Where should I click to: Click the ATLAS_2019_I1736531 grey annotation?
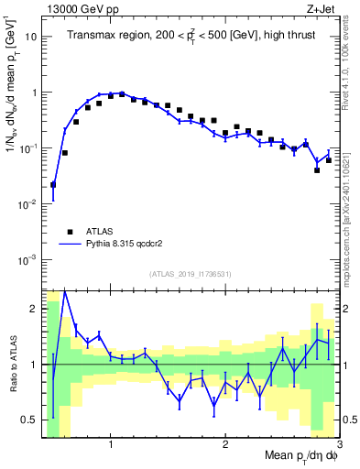click(x=191, y=274)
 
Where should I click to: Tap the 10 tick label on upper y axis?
click(x=31, y=38)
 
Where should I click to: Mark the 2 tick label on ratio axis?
click(x=33, y=309)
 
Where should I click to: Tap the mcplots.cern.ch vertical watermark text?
click(x=350, y=211)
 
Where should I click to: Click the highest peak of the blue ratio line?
click(x=64, y=291)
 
